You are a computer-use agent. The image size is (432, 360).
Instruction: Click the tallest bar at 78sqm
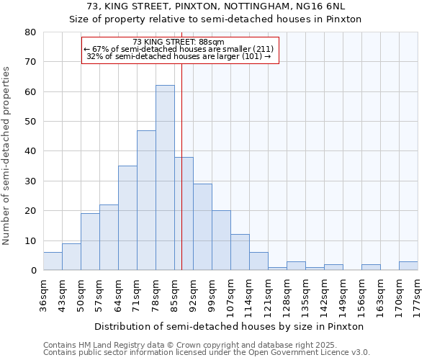pos(165,178)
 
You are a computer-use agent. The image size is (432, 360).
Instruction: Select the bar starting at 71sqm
pos(146,200)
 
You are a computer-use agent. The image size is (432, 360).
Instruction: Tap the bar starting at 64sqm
pos(127,218)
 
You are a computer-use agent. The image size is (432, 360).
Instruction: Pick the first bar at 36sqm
pos(53,261)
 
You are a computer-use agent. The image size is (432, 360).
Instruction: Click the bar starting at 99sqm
pos(221,240)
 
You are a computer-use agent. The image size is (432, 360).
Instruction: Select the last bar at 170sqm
pos(408,266)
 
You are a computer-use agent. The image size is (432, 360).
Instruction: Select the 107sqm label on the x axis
pos(230,293)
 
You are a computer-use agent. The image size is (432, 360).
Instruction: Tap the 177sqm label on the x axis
pos(418,293)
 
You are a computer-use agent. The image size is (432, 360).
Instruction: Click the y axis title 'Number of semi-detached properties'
pos(7,156)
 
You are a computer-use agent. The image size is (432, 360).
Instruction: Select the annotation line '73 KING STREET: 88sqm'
pos(179,42)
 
